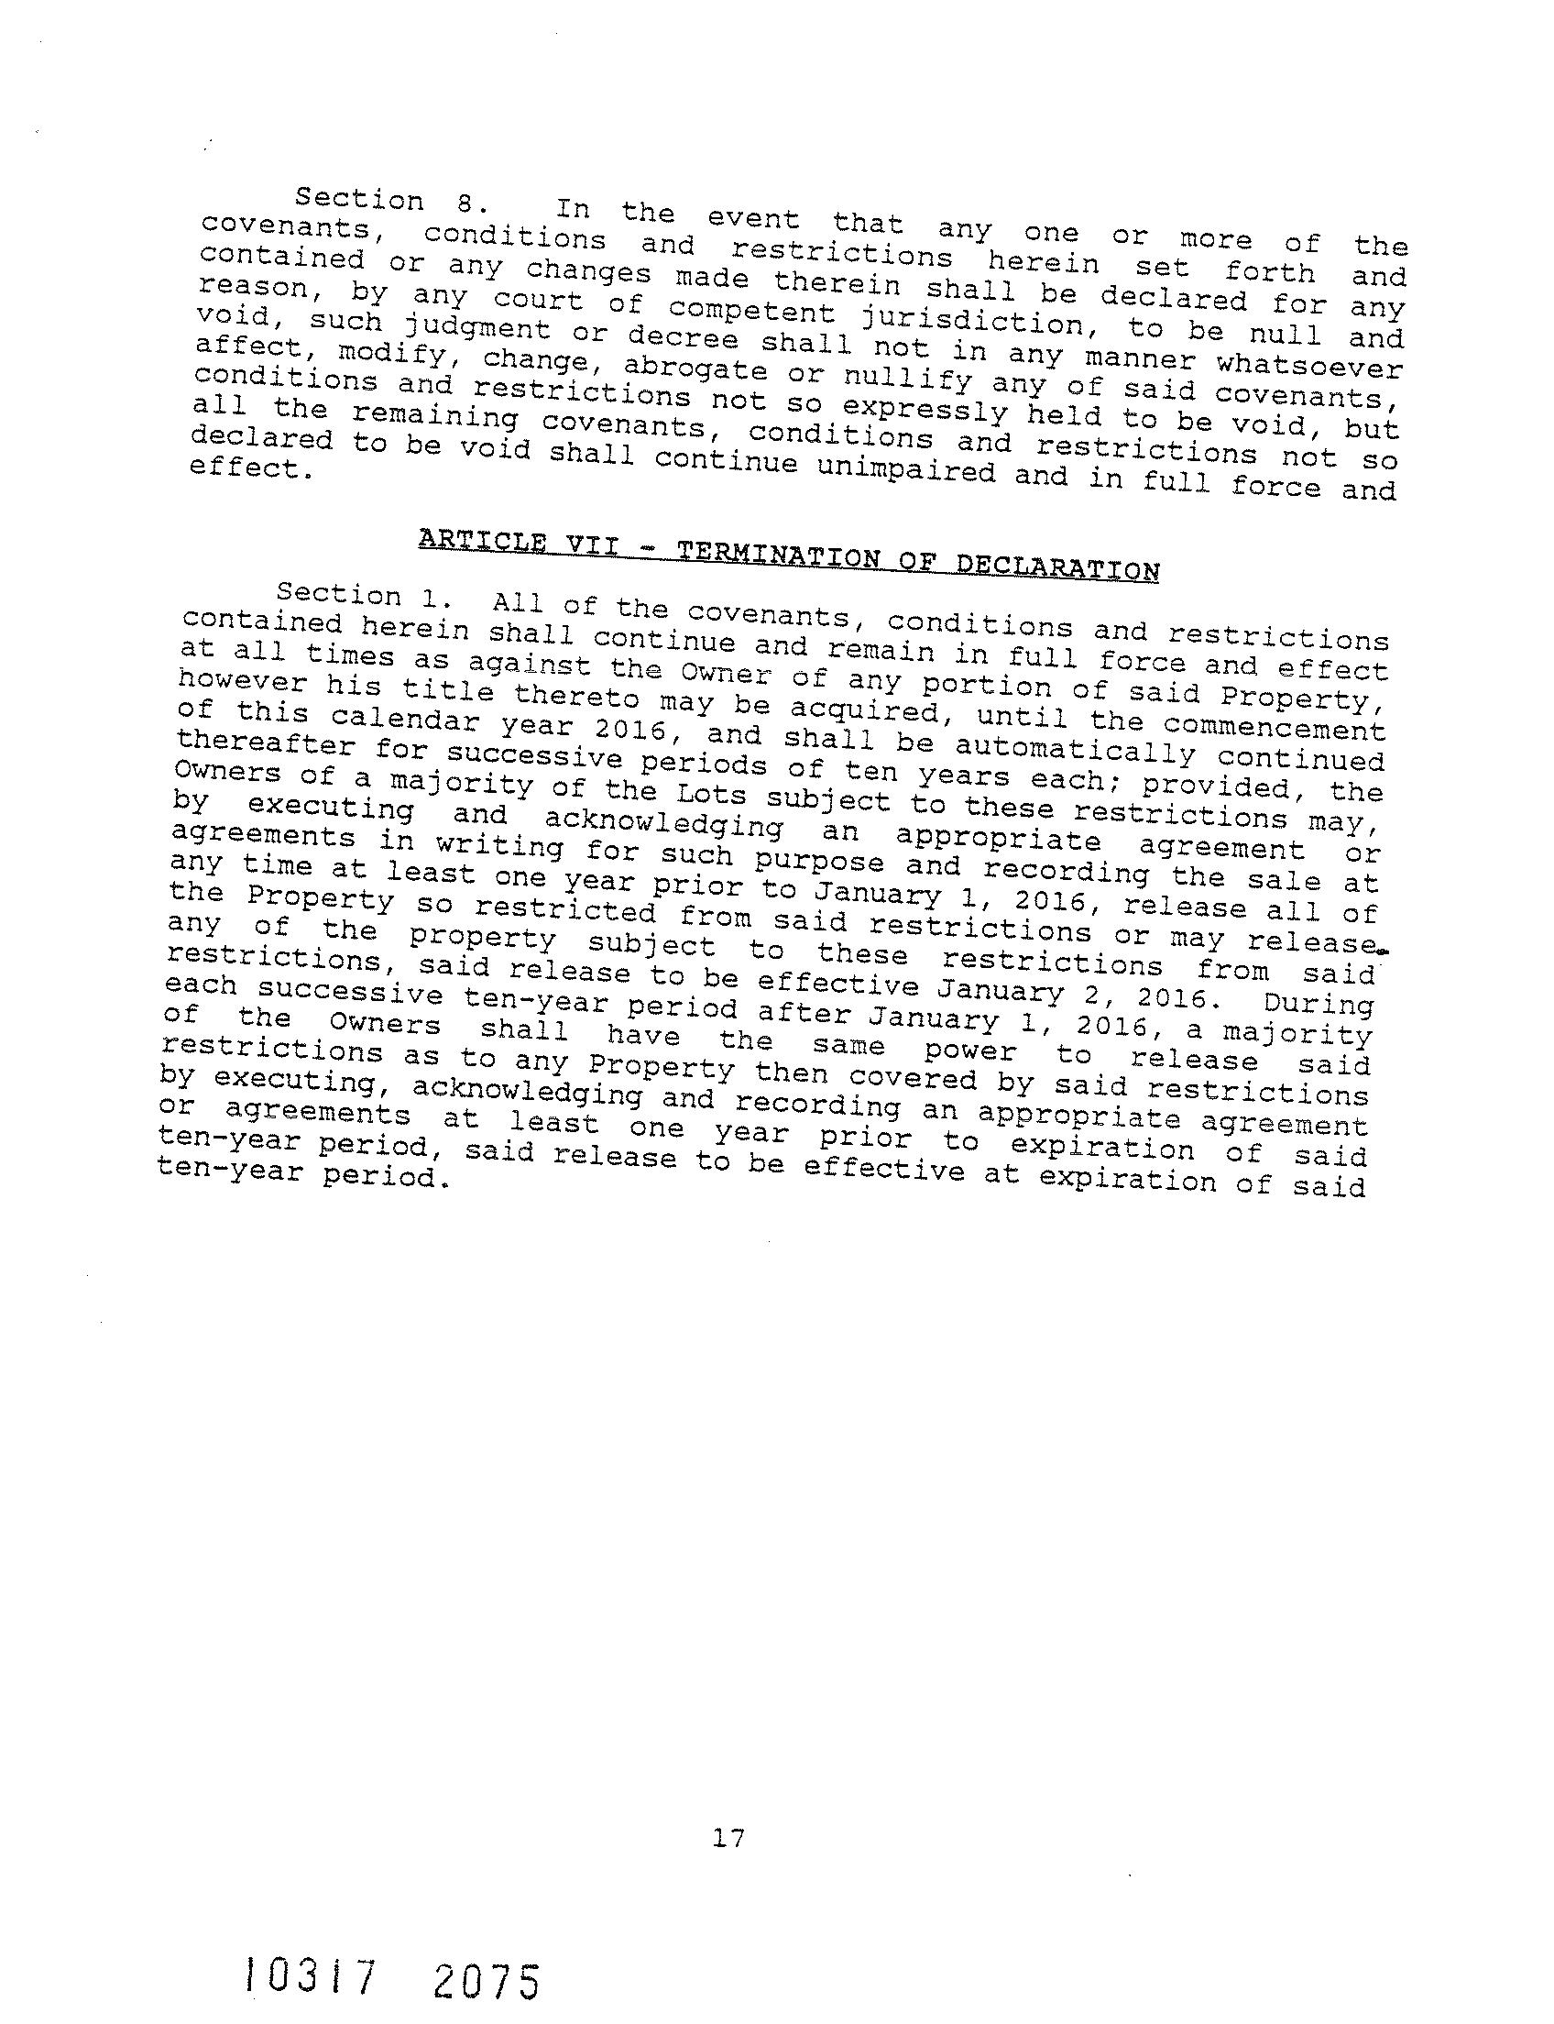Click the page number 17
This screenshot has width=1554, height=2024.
tap(729, 1837)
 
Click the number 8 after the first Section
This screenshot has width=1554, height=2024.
tap(465, 201)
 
